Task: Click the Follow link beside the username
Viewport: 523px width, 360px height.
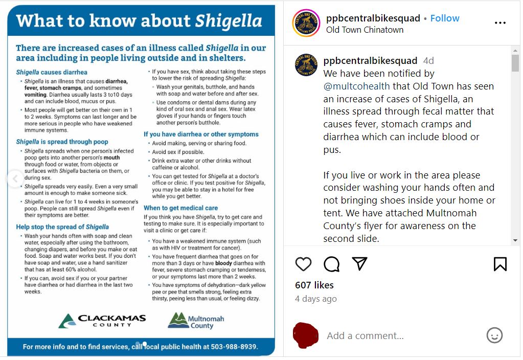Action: (444, 18)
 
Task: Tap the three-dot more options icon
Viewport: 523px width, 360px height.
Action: (500, 23)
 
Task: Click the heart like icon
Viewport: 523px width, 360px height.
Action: (303, 263)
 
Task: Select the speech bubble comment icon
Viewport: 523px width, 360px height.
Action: (332, 263)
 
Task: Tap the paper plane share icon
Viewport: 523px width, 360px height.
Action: (360, 263)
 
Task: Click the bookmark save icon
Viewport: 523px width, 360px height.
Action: (500, 263)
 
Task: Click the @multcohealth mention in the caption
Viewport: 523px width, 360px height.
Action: (356, 86)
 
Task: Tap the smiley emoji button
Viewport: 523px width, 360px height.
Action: (494, 335)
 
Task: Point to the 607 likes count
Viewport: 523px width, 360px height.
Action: (314, 285)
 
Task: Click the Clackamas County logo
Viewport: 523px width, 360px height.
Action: (102, 321)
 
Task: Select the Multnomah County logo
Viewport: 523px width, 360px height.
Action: (196, 321)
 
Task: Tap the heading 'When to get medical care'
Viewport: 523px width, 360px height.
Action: (180, 208)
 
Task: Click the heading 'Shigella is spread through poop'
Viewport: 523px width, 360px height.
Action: (62, 142)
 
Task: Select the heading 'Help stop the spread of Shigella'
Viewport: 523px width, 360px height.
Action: (62, 227)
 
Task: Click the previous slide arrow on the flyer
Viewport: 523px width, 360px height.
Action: (14, 178)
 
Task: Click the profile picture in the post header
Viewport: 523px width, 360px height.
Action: (306, 23)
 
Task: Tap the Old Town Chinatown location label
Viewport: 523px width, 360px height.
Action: (365, 30)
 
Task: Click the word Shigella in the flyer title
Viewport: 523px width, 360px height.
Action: (229, 21)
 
